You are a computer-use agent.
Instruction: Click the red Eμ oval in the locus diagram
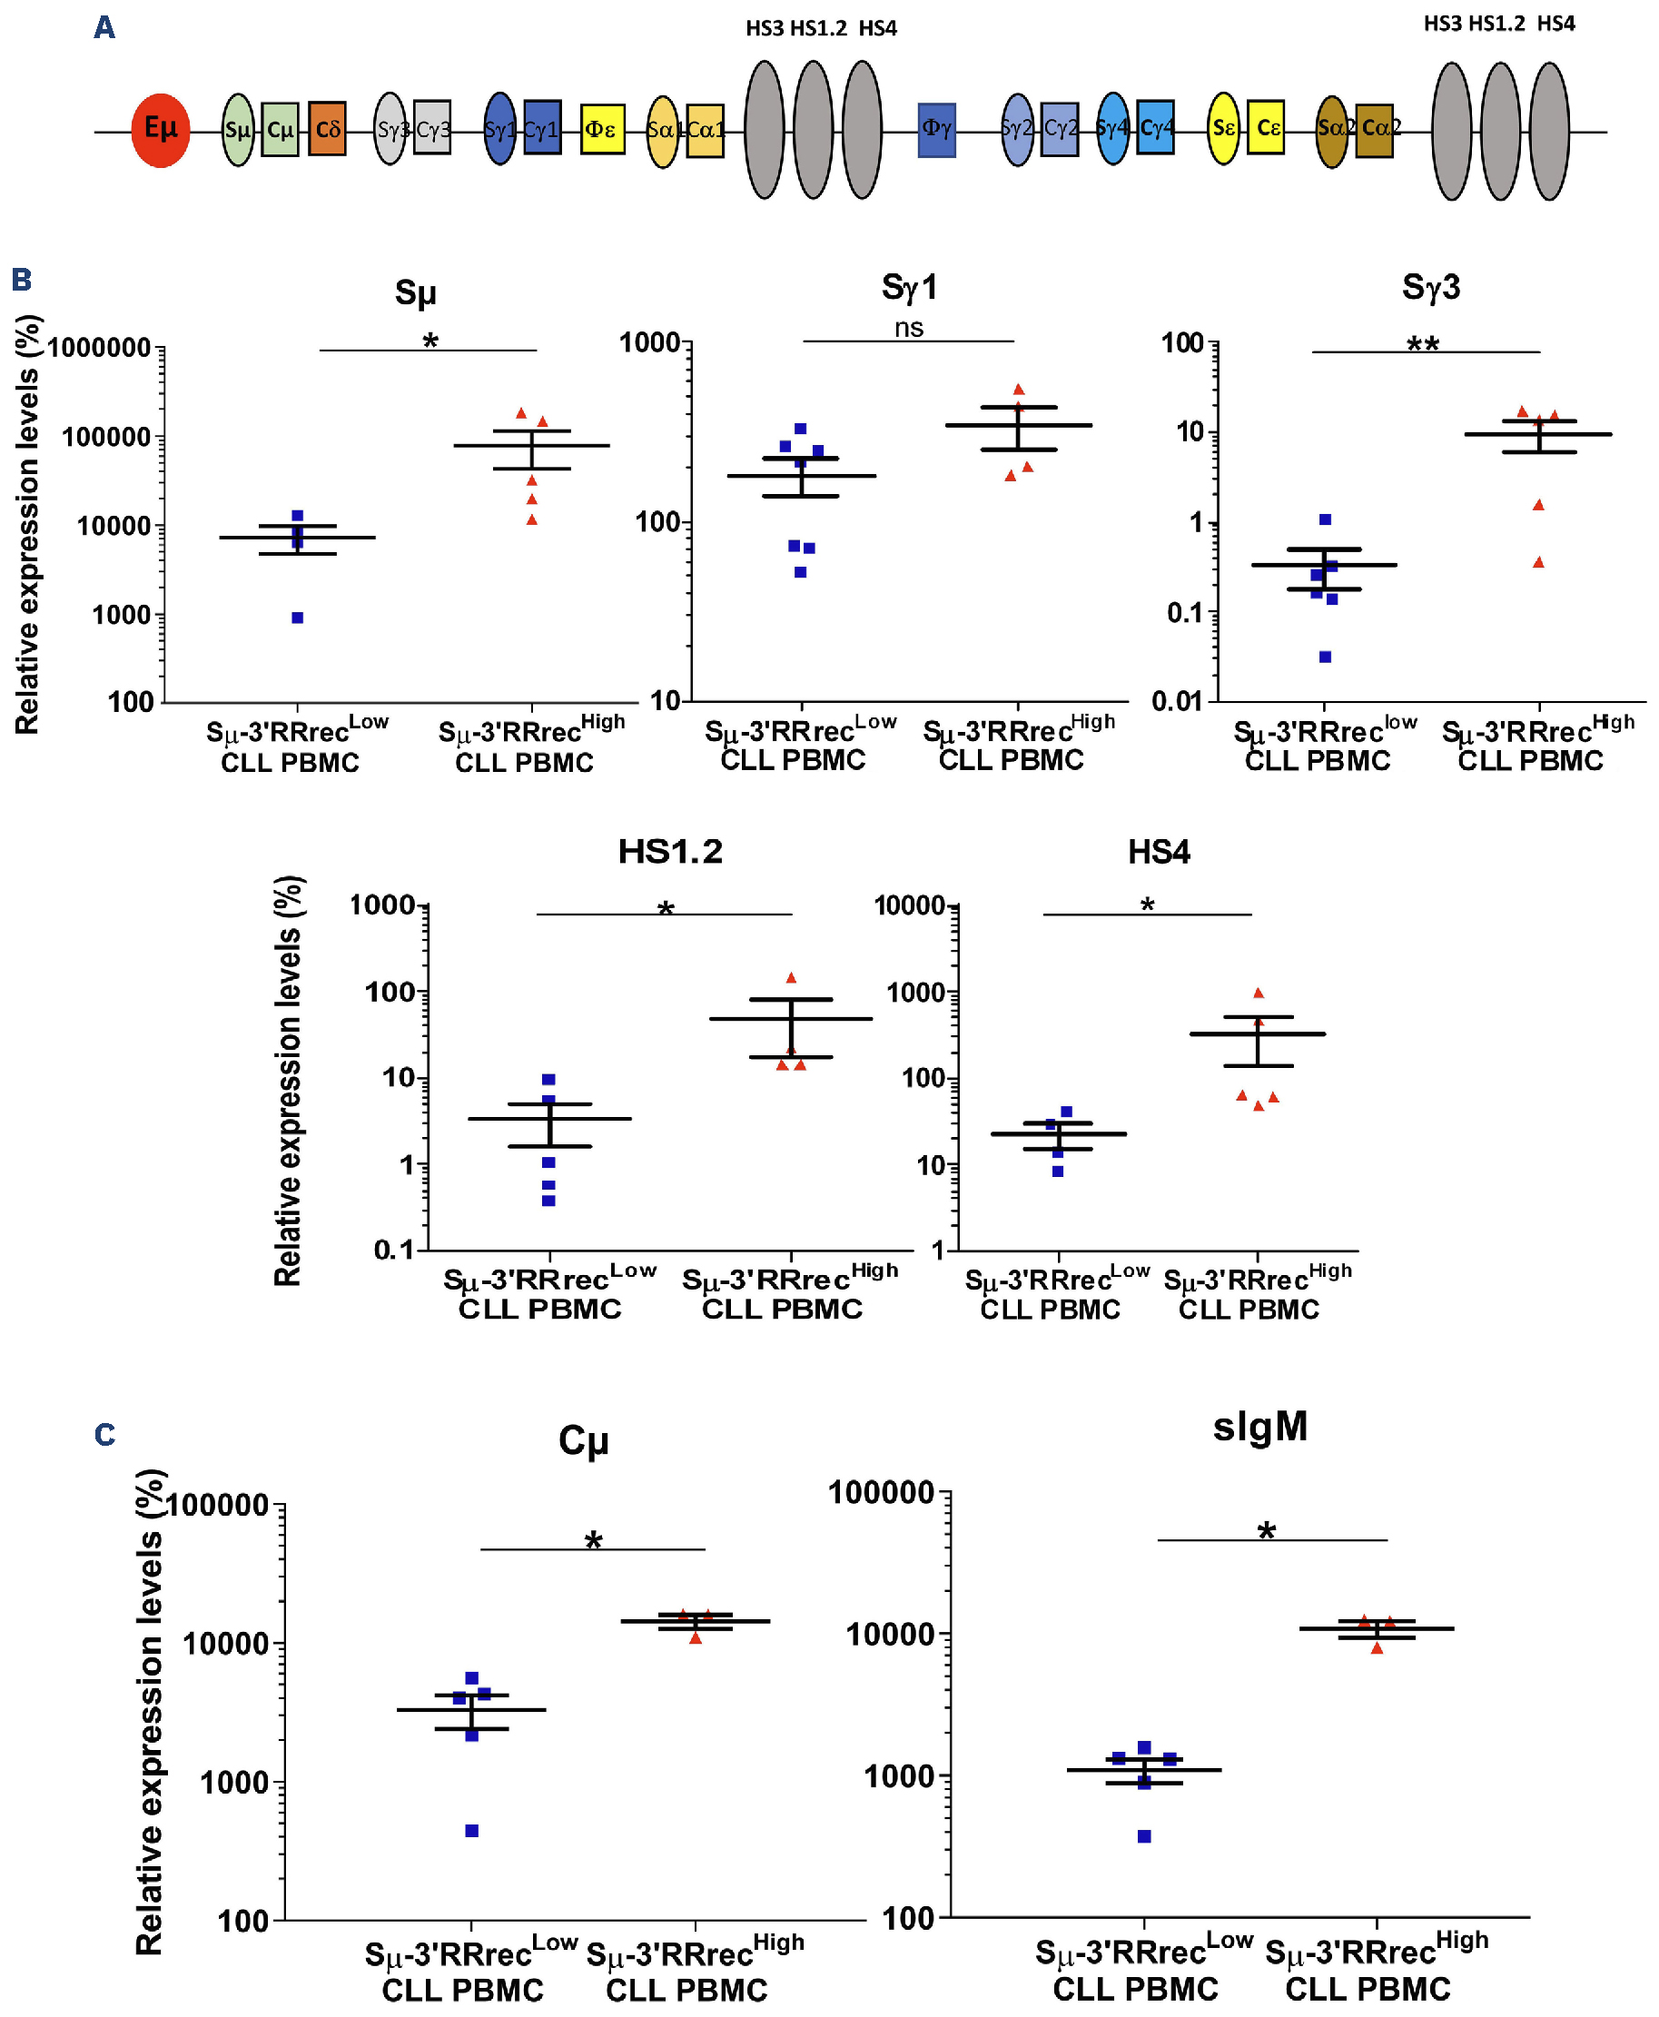coord(161,130)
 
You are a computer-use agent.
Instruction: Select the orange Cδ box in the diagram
coord(327,129)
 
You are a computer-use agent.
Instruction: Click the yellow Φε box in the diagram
coord(602,129)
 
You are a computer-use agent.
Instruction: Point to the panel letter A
coord(104,28)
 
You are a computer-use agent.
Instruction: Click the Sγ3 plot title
coord(1430,287)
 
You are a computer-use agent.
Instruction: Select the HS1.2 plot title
coord(670,852)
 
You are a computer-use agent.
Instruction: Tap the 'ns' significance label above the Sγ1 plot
coord(909,329)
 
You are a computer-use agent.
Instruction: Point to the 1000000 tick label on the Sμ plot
coord(99,348)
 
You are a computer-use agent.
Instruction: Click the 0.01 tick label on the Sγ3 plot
coord(1177,702)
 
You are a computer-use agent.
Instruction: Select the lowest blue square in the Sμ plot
coord(297,618)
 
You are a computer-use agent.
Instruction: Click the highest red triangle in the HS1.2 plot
coord(791,978)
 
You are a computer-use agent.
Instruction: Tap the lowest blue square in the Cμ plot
coord(472,1831)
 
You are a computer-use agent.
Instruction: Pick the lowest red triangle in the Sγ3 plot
coord(1538,563)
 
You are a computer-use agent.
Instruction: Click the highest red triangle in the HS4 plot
coord(1259,994)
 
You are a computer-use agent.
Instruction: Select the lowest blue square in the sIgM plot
coord(1144,1836)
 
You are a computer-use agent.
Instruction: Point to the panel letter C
coord(105,1435)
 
